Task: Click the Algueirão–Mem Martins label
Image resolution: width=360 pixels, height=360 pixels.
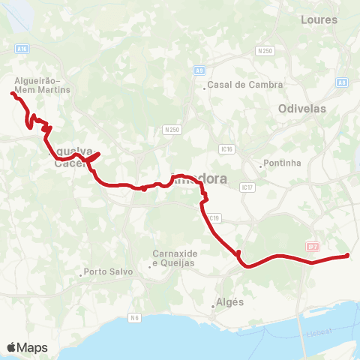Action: point(43,85)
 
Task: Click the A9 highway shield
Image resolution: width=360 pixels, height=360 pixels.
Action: point(199,70)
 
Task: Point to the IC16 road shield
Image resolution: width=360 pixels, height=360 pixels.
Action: point(228,149)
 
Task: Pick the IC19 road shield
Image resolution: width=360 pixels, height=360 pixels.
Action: point(214,218)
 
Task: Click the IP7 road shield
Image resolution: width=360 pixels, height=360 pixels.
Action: point(313,246)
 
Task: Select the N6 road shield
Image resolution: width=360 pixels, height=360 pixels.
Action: point(134,318)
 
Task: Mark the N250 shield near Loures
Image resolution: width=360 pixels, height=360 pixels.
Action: point(263,51)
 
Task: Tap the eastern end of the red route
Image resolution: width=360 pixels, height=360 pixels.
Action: point(347,256)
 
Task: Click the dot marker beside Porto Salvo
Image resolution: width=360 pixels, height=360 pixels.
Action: point(81,275)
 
